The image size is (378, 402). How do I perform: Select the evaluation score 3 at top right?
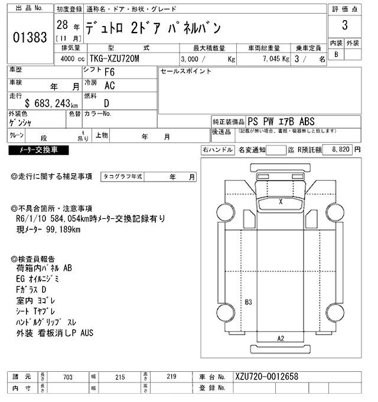tap(344, 27)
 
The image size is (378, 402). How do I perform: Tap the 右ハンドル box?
tap(217, 150)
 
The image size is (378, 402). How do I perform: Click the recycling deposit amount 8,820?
tap(341, 150)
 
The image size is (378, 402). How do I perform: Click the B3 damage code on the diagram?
tap(249, 303)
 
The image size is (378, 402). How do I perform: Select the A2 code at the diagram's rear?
tap(281, 338)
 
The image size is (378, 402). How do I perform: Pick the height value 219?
tap(172, 376)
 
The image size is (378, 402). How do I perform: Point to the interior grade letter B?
tap(337, 54)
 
